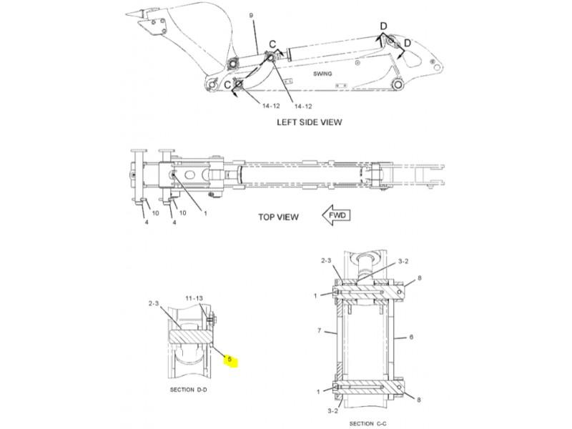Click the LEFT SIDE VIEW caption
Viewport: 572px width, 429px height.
click(310, 122)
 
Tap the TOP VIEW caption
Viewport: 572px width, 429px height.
click(278, 217)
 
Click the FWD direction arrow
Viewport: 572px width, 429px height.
click(336, 215)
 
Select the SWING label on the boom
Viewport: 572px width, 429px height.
click(322, 74)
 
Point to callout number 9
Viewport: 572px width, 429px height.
click(252, 15)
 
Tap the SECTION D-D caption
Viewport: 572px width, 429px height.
click(188, 390)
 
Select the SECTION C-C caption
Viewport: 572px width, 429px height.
click(368, 423)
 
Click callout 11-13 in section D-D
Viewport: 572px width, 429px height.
click(194, 298)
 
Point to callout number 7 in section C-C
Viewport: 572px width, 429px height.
click(319, 330)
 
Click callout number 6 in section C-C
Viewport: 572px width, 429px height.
click(411, 337)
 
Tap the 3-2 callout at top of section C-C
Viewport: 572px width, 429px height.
click(403, 261)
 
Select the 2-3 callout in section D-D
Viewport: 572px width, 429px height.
click(154, 303)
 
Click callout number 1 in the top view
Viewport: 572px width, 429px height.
click(205, 213)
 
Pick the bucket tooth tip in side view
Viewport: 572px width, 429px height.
click(127, 14)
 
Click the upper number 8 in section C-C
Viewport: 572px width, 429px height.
click(420, 278)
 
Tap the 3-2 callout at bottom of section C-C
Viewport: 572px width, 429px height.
click(332, 410)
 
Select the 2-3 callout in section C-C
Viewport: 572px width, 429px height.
click(326, 260)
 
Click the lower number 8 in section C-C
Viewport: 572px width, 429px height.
click(419, 400)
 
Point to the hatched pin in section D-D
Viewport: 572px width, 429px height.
click(191, 336)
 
